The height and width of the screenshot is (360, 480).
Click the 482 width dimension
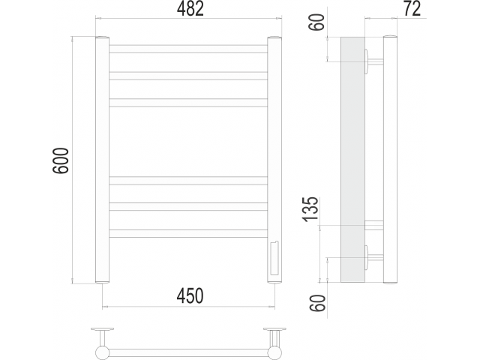(x=190, y=9)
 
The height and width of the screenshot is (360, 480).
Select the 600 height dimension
(x=61, y=160)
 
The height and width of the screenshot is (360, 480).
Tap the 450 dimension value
(x=190, y=296)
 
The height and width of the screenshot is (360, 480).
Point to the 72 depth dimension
(x=412, y=8)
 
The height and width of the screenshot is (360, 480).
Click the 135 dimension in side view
(x=310, y=209)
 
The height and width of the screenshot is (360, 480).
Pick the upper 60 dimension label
(x=316, y=22)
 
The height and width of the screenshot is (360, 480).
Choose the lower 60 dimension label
(x=317, y=303)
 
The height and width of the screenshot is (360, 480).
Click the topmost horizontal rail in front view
(x=188, y=49)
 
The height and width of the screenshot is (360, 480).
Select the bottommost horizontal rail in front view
(x=188, y=233)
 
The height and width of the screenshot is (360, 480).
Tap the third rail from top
(x=188, y=103)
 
